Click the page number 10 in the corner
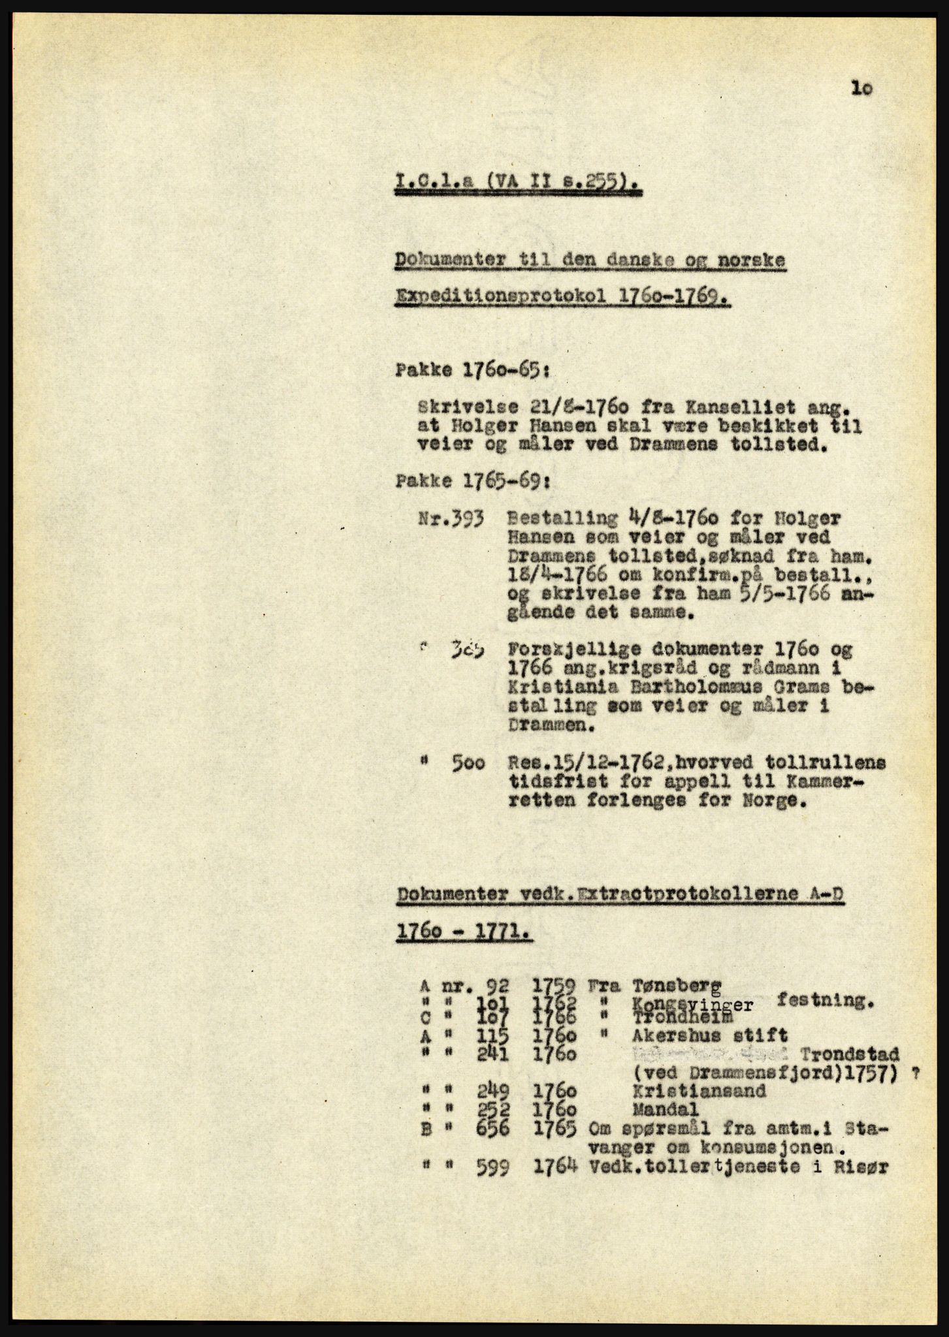[861, 88]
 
